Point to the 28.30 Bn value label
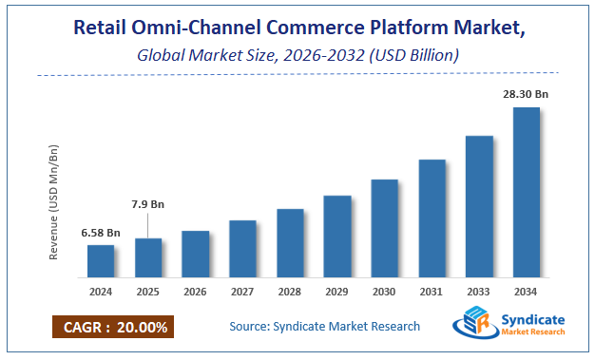click(x=527, y=95)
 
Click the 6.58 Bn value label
click(x=100, y=233)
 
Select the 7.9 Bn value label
click(x=147, y=203)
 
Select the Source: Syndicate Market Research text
click(x=324, y=327)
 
